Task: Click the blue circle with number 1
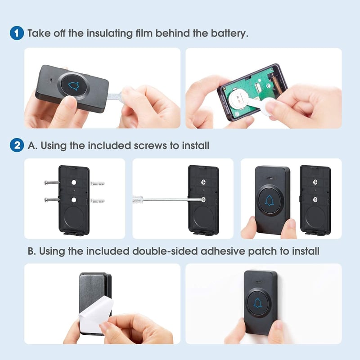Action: (17, 33)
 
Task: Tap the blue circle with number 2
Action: (17, 145)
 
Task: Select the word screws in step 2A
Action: (150, 145)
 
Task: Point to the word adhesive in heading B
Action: (223, 251)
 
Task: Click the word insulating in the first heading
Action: (109, 33)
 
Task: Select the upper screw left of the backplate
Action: (52, 183)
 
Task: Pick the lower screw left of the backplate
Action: (52, 200)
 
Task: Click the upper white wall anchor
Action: (97, 183)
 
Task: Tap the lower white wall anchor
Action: (97, 201)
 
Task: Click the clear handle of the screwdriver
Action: (138, 199)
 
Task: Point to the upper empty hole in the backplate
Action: (74, 183)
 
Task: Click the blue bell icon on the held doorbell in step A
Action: (269, 200)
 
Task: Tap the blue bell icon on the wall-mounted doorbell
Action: (257, 303)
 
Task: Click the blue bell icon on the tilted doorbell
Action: (73, 86)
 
